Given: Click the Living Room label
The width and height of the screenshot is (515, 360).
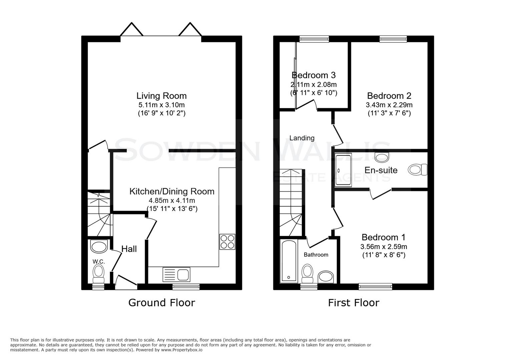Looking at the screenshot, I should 161,96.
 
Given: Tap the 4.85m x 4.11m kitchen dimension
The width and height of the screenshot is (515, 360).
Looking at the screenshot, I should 172,201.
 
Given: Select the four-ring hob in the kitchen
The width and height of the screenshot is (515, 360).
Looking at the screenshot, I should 227,242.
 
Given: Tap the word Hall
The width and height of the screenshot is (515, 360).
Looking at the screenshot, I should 129,249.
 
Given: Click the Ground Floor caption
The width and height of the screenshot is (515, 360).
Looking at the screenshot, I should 161,303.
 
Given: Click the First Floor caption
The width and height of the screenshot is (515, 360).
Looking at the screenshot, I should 354,303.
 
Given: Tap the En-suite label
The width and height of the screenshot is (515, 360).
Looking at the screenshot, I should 381,170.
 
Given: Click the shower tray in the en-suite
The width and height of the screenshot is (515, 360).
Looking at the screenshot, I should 343,170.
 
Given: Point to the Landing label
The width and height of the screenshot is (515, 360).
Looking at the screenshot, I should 302,138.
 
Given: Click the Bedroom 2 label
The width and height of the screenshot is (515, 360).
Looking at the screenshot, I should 389,96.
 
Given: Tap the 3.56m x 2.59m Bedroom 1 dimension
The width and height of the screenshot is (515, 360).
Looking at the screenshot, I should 384,247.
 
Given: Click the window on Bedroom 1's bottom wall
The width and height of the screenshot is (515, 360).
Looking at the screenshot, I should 375,286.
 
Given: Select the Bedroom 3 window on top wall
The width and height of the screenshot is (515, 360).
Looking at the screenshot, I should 314,39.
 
